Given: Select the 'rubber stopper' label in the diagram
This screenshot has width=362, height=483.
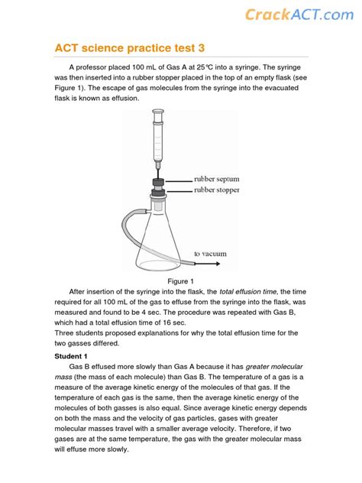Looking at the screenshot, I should click(x=216, y=190).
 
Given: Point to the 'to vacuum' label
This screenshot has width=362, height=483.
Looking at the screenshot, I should click(x=210, y=253).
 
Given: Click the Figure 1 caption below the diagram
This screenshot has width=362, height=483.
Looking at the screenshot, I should click(x=183, y=281).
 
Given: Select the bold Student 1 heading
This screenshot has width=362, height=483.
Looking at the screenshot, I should click(x=71, y=356).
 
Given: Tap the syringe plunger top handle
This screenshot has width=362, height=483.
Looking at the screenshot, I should click(x=158, y=112).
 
